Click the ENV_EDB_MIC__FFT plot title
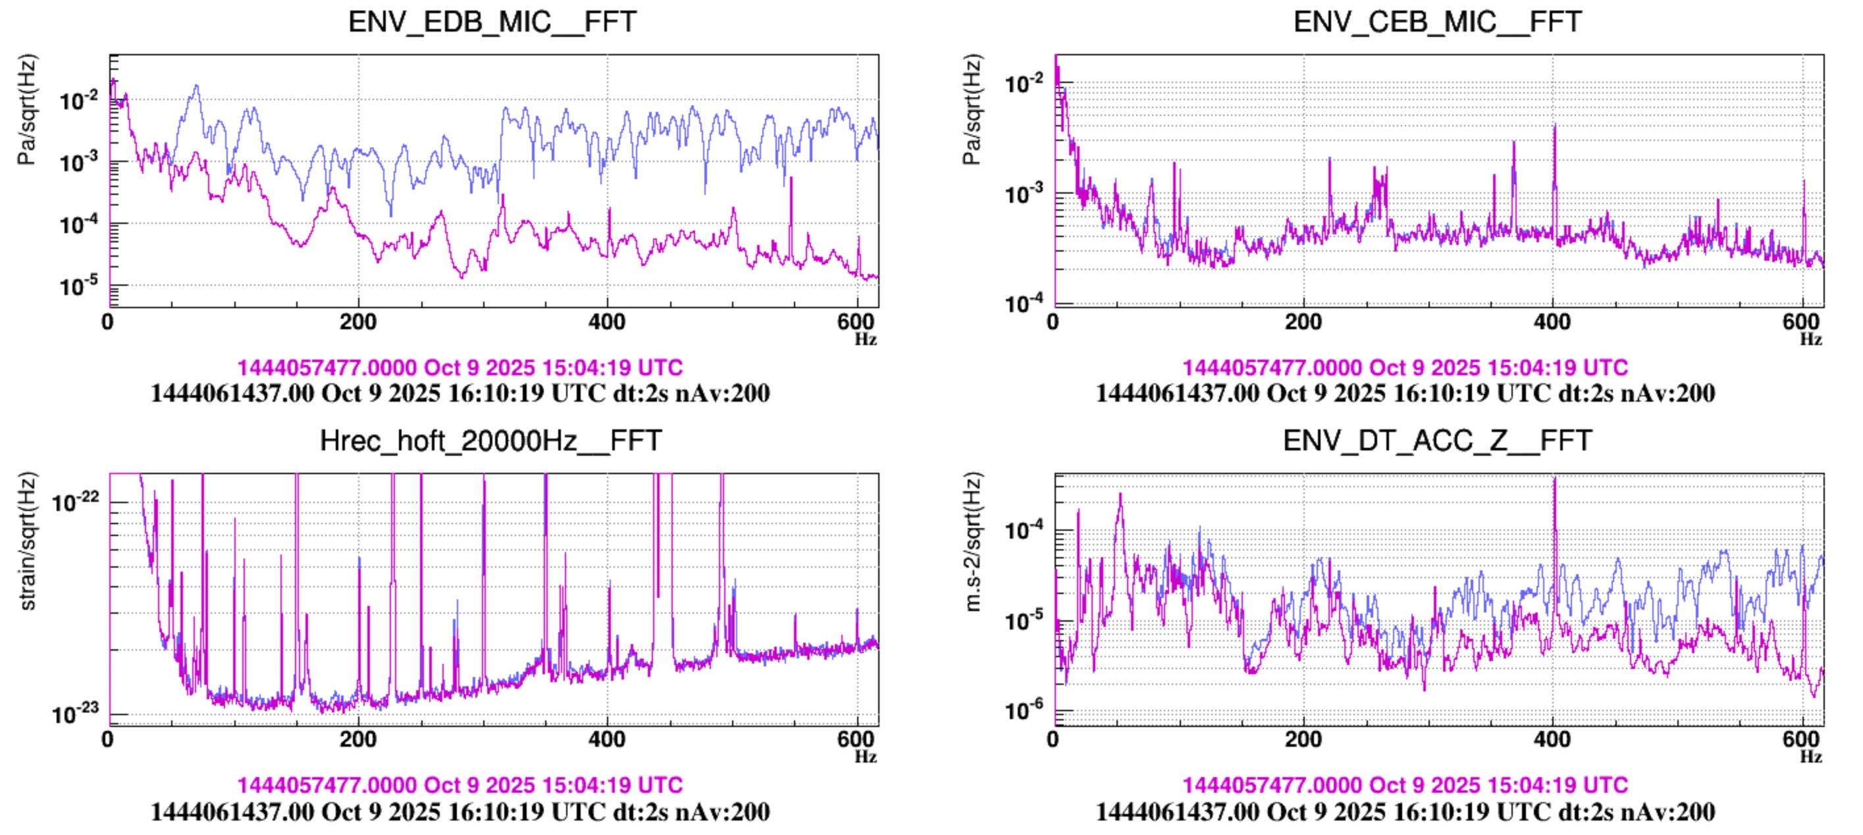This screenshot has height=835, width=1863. [492, 22]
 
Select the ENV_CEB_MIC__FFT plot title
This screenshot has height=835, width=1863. [1437, 22]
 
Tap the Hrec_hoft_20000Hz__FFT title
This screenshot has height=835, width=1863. [490, 440]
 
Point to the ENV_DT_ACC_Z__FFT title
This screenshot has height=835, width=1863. [1437, 440]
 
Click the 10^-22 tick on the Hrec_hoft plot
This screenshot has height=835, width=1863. [74, 501]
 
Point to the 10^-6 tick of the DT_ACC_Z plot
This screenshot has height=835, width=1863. [1024, 710]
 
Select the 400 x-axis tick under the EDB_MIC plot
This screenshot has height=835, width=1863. [607, 321]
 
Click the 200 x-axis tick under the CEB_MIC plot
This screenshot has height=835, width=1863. [1303, 321]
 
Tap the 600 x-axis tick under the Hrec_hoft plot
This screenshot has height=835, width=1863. [856, 740]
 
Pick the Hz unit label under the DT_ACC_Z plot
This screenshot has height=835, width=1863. [1810, 756]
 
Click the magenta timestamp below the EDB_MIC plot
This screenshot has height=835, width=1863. [460, 367]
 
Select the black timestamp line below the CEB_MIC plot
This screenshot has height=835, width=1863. [1405, 393]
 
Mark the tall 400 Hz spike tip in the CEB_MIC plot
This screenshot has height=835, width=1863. [1554, 125]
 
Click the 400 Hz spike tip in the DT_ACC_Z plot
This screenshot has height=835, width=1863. [1555, 478]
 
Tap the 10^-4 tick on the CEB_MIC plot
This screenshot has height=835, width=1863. [1024, 302]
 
